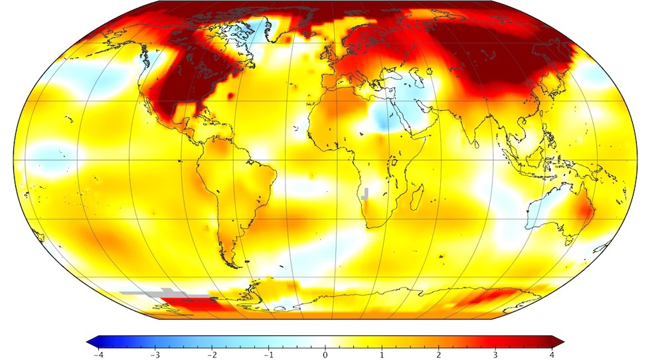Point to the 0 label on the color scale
click(x=325, y=355)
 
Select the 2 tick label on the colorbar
click(x=438, y=355)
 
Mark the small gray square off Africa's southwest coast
click(x=364, y=194)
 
